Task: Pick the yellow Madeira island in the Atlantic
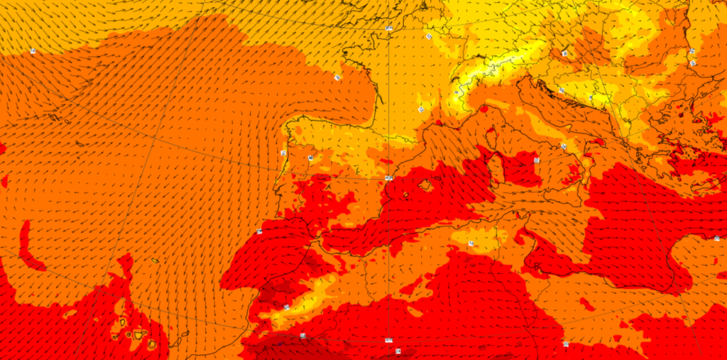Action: click(x=155, y=261)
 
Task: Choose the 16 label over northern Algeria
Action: click(x=471, y=243)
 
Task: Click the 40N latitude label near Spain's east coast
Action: click(x=388, y=178)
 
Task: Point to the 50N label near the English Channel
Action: click(x=389, y=28)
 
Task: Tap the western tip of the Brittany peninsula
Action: click(x=344, y=54)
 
